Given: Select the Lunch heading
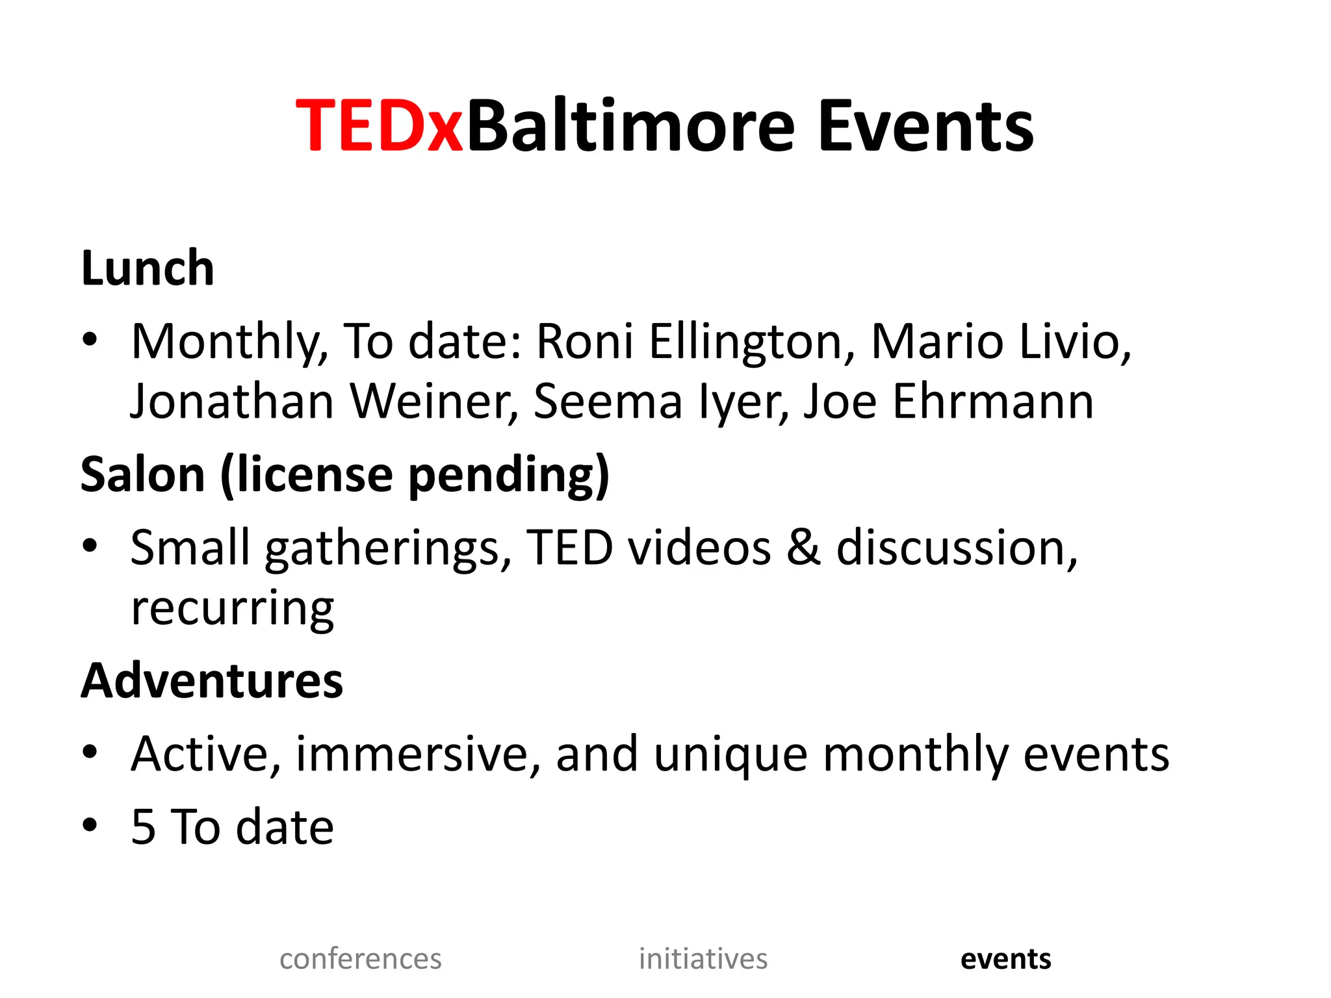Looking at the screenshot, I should [x=148, y=268].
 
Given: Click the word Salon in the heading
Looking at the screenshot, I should [x=143, y=474].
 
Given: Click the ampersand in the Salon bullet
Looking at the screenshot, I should [x=804, y=547].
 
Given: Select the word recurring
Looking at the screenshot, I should [x=232, y=609].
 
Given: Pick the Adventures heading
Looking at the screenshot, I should [x=212, y=680].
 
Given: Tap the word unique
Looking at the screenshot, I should [x=730, y=755].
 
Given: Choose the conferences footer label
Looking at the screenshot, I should [x=361, y=959].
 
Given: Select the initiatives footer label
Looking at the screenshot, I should [x=703, y=959].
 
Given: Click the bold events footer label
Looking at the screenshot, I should [x=1005, y=959].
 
